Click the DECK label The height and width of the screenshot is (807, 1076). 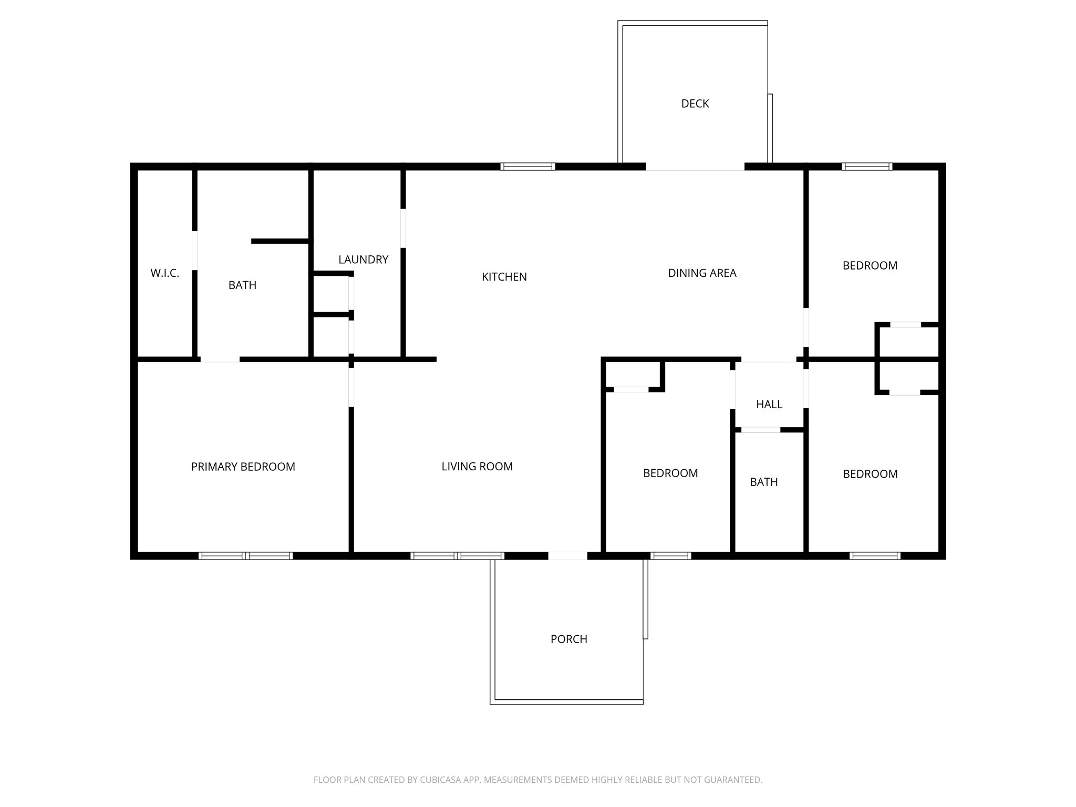(695, 104)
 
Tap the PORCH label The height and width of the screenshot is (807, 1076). (568, 639)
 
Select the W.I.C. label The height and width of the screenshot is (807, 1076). (164, 273)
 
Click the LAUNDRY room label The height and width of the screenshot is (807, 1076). (363, 260)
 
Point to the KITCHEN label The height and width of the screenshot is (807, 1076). (504, 277)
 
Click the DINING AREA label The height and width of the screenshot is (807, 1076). (702, 273)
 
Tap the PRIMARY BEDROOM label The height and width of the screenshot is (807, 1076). (243, 467)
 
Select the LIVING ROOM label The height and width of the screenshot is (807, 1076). (477, 467)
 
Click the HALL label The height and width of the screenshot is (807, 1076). (769, 405)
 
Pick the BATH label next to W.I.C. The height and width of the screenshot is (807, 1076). (242, 285)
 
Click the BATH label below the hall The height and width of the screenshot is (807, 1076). (763, 482)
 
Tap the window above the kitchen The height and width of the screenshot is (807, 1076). (527, 167)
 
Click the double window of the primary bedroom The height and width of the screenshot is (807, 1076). (245, 556)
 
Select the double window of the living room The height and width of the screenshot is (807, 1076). (457, 556)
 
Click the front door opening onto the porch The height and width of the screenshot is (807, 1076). (567, 556)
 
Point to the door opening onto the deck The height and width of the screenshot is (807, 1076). (695, 167)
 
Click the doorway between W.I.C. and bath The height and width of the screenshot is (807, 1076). (195, 250)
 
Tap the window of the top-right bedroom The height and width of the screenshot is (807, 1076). (866, 167)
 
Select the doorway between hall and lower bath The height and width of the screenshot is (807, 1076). (760, 430)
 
